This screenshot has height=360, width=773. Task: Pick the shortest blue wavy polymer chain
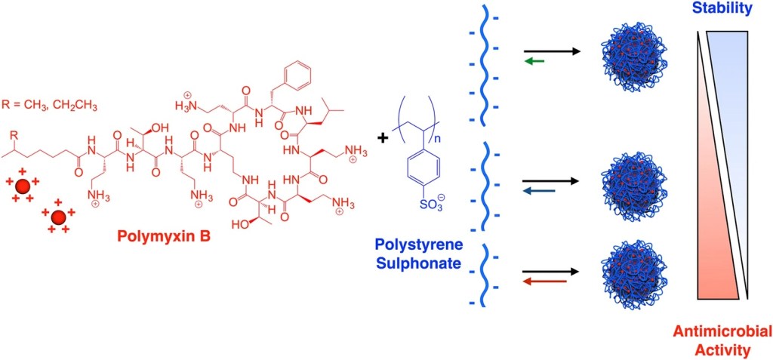click(x=491, y=272)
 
